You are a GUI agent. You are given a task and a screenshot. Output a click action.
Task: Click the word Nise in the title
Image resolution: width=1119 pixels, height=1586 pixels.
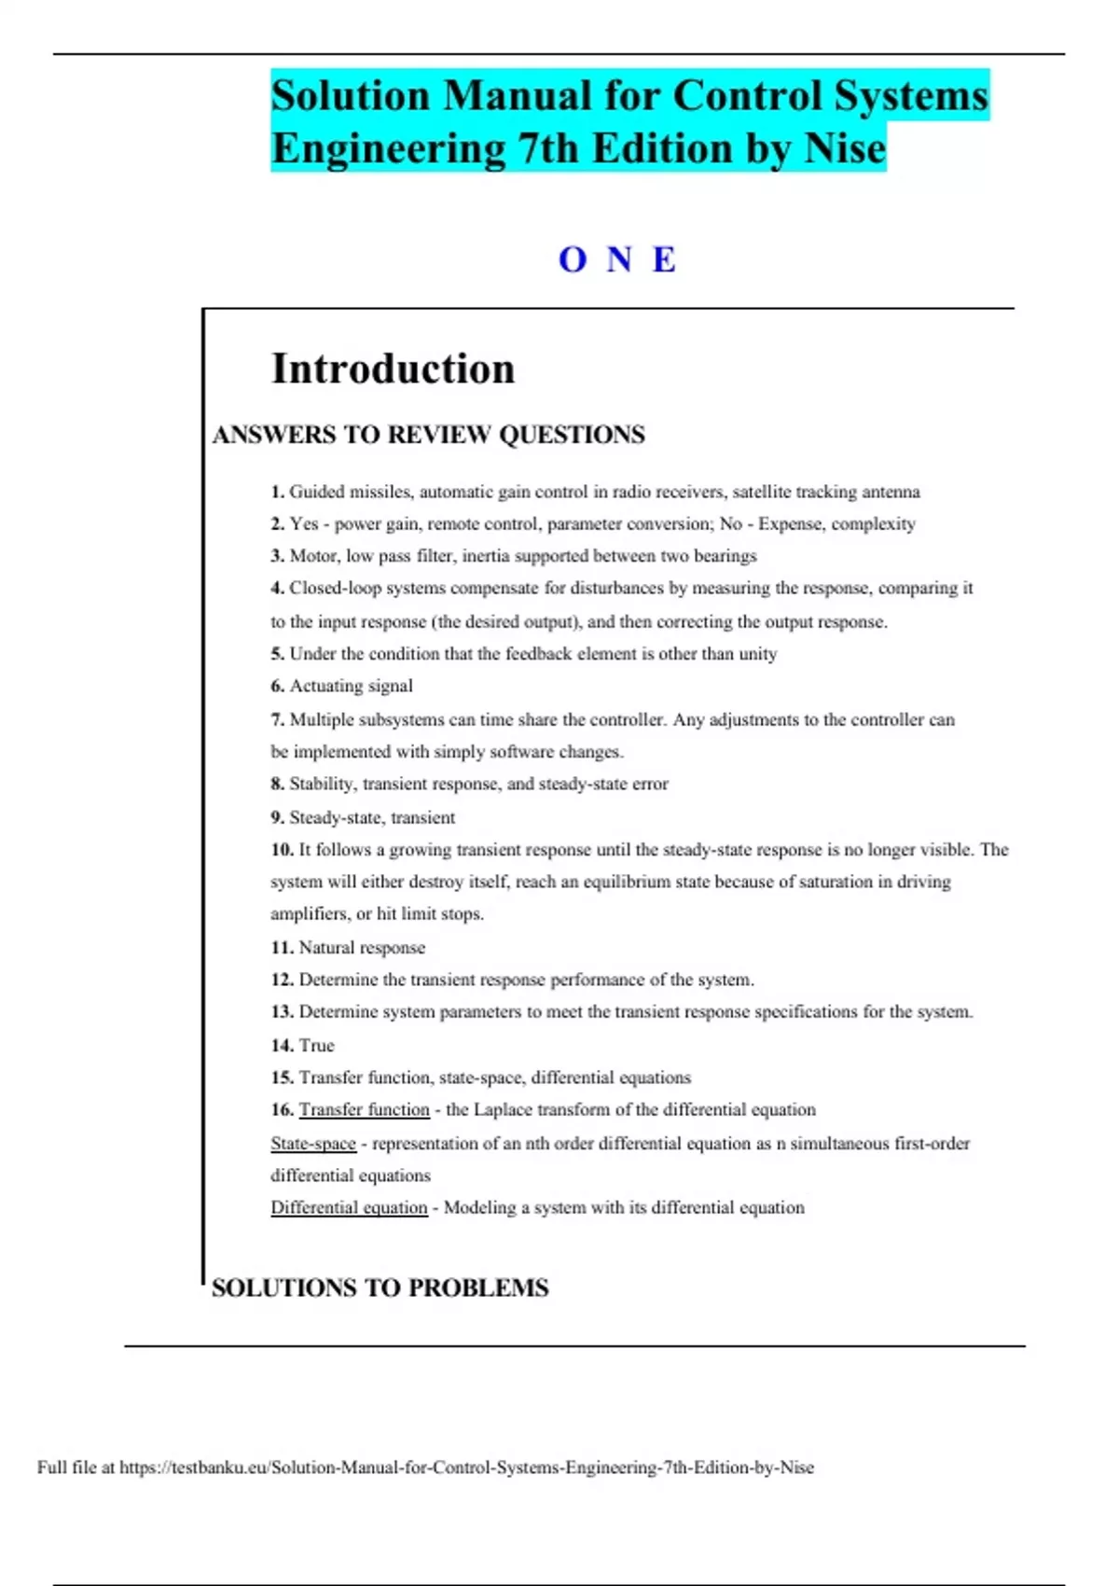845,148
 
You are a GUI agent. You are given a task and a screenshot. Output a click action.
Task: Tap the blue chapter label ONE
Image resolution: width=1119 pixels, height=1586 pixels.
617,259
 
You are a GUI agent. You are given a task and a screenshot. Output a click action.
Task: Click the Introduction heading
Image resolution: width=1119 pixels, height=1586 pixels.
393,369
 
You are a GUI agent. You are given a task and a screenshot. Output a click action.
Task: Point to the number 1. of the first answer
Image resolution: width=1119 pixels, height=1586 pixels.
277,492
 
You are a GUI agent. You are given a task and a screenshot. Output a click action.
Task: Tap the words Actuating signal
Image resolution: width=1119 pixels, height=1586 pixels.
351,686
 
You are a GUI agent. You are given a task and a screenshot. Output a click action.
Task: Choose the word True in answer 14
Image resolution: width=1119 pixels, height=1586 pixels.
316,1046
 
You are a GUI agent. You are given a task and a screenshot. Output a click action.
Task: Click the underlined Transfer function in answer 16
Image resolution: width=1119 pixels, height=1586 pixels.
364,1110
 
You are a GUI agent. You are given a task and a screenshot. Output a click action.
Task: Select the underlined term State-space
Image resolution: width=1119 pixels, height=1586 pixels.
313,1144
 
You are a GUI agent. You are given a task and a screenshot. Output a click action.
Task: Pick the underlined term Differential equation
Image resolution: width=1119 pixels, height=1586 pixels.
349,1208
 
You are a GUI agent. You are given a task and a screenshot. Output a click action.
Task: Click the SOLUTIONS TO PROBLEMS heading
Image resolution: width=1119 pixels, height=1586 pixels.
380,1288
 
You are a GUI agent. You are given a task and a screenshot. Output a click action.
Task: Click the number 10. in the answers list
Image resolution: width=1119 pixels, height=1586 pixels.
282,850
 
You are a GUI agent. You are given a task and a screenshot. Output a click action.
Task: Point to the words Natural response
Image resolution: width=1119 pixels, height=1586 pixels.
362,948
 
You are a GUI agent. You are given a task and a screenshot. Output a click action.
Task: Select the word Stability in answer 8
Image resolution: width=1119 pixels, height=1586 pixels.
322,785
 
